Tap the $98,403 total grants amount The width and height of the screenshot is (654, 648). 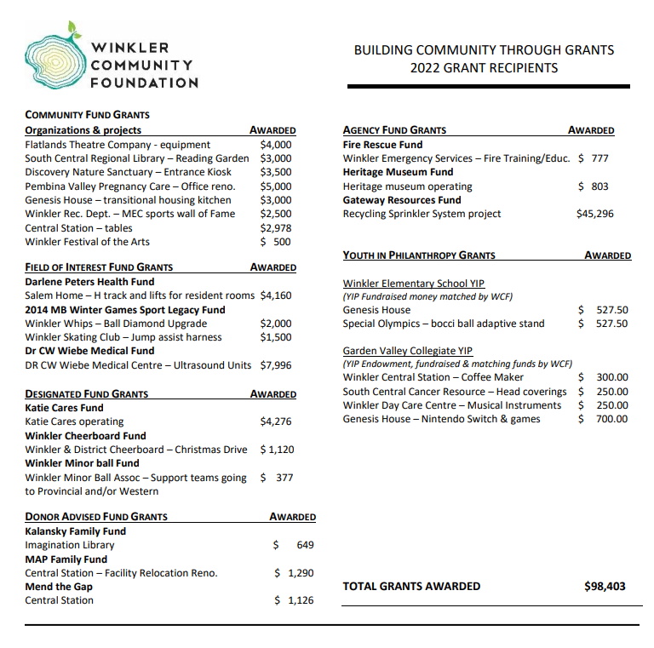(605, 586)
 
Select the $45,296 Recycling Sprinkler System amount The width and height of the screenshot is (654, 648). (594, 214)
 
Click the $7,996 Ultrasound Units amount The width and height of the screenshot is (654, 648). (275, 365)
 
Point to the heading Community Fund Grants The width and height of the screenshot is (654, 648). (87, 115)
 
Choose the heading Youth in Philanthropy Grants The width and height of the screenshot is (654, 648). (419, 255)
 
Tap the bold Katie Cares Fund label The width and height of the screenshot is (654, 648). (64, 408)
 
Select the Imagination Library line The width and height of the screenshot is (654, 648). (70, 545)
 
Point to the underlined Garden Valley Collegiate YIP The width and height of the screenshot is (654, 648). (407, 351)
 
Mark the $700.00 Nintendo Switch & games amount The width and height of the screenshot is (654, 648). (603, 419)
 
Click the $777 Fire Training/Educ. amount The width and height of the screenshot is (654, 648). (593, 158)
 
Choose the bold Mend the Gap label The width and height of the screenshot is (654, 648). (59, 587)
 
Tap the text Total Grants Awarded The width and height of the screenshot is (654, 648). (411, 586)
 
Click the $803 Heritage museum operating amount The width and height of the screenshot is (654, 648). (593, 186)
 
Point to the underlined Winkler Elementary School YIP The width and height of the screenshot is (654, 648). (414, 283)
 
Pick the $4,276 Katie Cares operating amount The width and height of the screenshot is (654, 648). (275, 421)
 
